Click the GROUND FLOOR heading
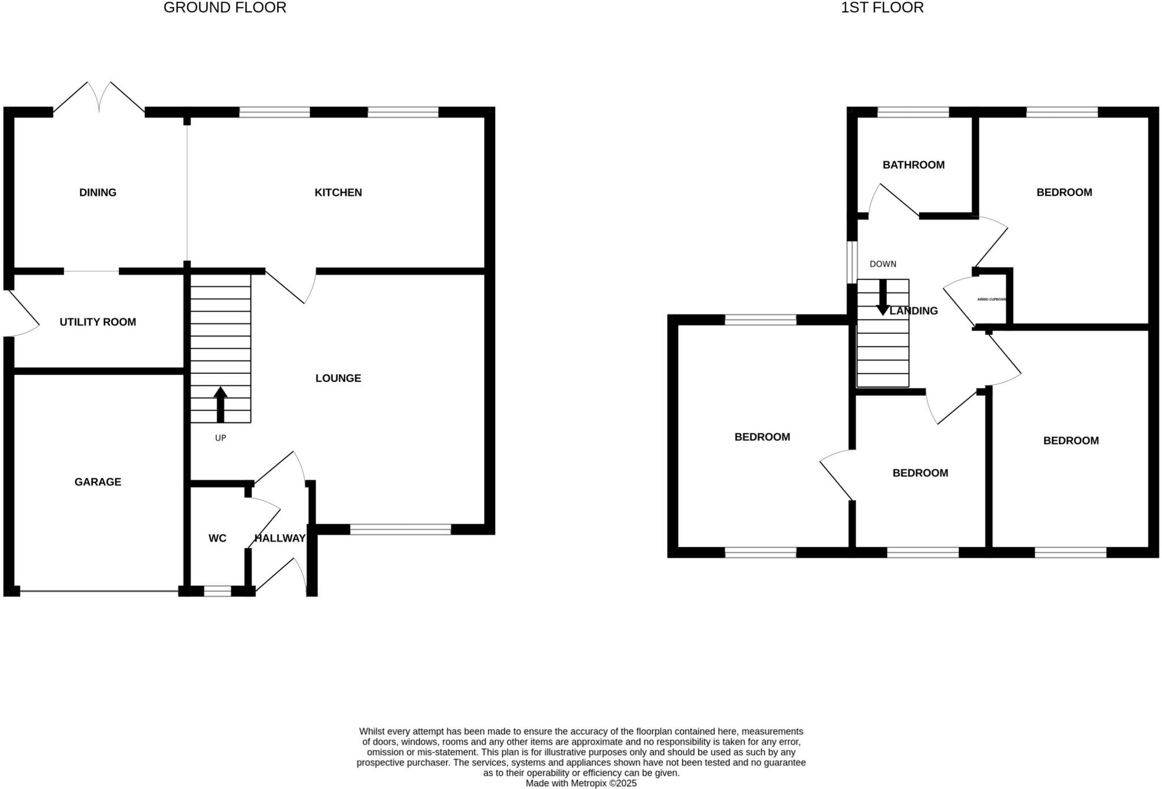(225, 8)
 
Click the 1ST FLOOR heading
(882, 8)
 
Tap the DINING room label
(98, 192)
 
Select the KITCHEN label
(338, 192)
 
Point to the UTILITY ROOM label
(98, 322)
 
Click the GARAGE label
(98, 482)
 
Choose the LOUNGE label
(338, 378)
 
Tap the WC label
(217, 538)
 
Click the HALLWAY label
(280, 538)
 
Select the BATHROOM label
(913, 165)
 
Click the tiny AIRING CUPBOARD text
(991, 299)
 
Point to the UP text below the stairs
(220, 438)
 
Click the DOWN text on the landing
(883, 264)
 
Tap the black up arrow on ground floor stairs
(220, 404)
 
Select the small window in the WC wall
(217, 591)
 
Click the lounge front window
(400, 530)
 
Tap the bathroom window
(913, 112)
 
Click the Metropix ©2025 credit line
(581, 783)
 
